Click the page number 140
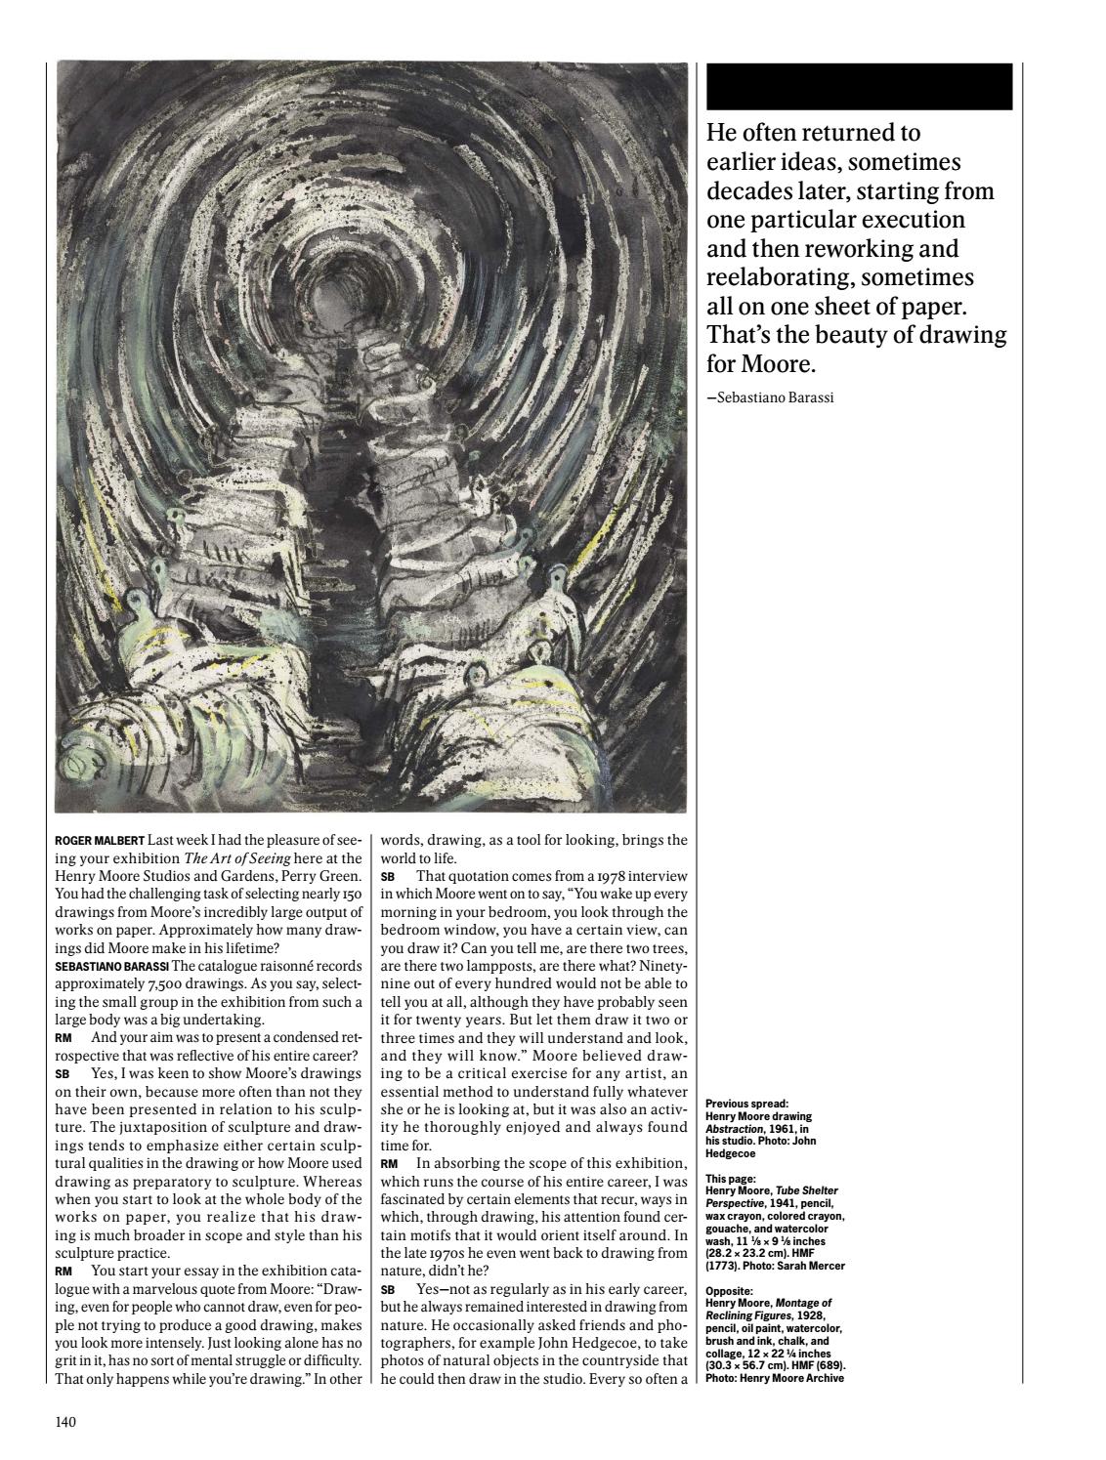click(65, 1422)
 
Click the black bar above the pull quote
click(859, 86)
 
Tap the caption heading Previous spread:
click(746, 1105)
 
